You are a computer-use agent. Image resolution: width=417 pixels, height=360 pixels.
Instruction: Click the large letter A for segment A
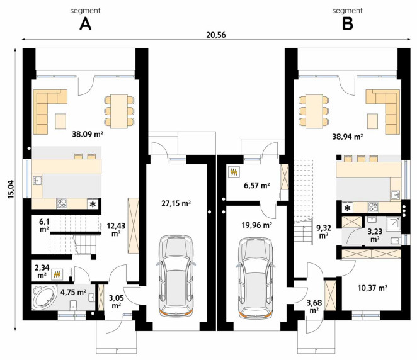coord(86,24)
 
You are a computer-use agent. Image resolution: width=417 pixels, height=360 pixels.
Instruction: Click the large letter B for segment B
coord(347,24)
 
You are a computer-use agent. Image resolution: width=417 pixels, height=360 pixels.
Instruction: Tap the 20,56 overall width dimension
coord(216,35)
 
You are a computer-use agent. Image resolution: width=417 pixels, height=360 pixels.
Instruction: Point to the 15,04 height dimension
coord(11,189)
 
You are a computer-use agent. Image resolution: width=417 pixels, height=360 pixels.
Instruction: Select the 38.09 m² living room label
coord(88,134)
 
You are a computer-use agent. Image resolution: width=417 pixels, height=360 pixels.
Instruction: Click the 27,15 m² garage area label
coord(176,203)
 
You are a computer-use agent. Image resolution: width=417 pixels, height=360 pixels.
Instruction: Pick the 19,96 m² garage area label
coord(256,225)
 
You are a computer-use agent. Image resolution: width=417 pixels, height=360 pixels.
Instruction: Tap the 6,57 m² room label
coord(257,186)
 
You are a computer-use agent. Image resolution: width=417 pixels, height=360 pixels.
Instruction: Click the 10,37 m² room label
coord(372,288)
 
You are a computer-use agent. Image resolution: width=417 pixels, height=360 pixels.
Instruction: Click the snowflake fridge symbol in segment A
coord(93,204)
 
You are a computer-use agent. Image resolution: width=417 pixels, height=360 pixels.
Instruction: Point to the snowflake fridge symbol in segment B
coord(347,208)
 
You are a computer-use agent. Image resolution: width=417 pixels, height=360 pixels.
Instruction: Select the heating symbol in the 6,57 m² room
coord(234,172)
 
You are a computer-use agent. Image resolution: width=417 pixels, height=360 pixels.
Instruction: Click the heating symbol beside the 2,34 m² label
coord(57,274)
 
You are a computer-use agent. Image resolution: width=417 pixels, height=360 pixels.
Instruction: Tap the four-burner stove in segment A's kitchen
coord(62,203)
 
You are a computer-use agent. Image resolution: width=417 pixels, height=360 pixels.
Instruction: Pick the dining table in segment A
coord(119,111)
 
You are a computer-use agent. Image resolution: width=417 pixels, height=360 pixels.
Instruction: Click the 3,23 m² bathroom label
coord(375,235)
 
